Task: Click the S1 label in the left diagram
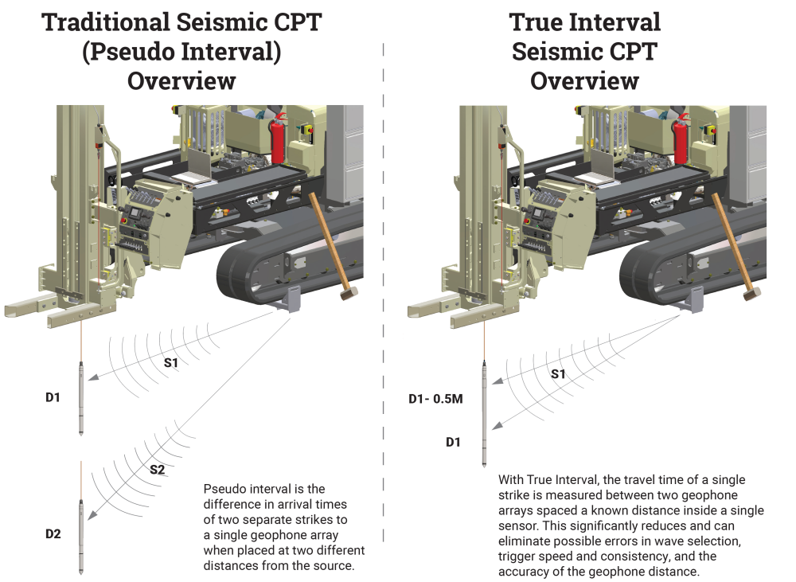point(171,362)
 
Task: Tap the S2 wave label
point(158,470)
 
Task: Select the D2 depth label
point(53,533)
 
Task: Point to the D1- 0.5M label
point(435,399)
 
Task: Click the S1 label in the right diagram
point(558,374)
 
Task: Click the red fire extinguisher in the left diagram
point(277,139)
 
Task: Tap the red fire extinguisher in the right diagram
point(681,139)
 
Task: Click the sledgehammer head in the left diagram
point(349,293)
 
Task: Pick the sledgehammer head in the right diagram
point(752,293)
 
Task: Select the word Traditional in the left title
point(106,22)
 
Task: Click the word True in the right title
point(535,22)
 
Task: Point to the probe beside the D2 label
point(80,537)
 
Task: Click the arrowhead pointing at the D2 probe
point(92,515)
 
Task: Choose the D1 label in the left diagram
point(53,397)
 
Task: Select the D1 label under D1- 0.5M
point(454,443)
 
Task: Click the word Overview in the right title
point(584,80)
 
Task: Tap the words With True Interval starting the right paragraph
point(544,480)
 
